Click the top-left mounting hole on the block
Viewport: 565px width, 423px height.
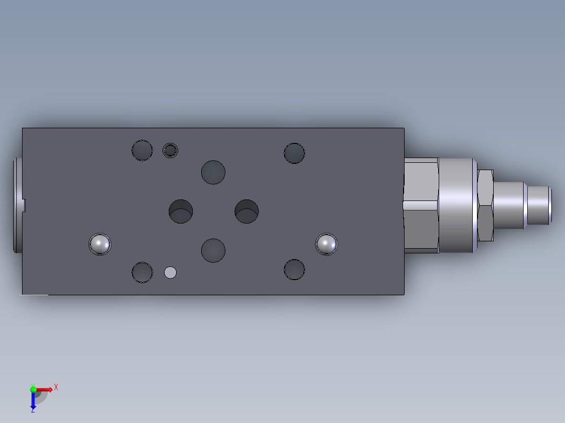142,150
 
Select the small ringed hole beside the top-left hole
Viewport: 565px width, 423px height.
170,150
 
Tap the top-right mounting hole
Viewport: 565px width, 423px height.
294,153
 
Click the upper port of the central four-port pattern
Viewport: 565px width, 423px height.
213,172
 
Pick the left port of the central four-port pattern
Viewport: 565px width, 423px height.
181,210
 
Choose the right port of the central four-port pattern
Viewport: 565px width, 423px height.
246,210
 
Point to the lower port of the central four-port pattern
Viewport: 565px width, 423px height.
213,250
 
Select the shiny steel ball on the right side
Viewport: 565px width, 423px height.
327,244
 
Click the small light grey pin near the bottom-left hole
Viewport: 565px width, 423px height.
170,272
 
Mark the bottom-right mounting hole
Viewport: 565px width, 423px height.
294,269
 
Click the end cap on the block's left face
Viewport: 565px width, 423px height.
17,205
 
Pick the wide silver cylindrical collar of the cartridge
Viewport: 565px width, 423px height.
456,205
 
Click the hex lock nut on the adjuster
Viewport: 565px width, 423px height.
485,205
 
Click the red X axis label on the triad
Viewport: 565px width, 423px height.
56,387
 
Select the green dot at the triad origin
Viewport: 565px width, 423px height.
33,389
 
